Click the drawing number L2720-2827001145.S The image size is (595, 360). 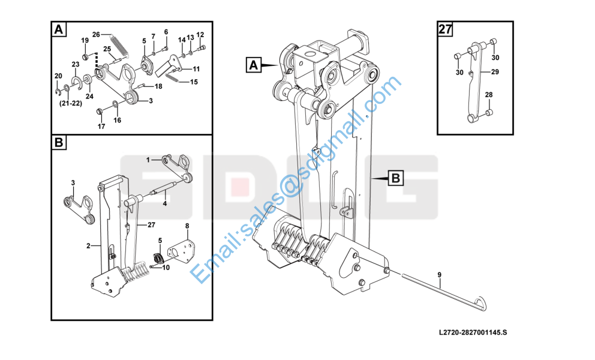[x=473, y=332]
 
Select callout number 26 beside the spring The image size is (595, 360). [x=96, y=35]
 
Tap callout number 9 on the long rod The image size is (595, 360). [x=440, y=275]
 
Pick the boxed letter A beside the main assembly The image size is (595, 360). [x=254, y=65]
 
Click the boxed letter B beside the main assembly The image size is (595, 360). [x=395, y=178]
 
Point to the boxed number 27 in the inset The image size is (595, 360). [x=445, y=29]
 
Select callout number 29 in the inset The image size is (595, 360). [x=495, y=72]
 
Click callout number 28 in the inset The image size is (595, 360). [x=489, y=95]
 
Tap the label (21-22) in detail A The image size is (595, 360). [x=71, y=103]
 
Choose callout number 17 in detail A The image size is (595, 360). [x=101, y=127]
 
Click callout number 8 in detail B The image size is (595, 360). [x=187, y=226]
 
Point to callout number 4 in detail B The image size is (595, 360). [x=165, y=203]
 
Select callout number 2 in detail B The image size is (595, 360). [x=88, y=246]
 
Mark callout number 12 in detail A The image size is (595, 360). [x=200, y=35]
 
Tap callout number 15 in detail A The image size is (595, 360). [x=194, y=82]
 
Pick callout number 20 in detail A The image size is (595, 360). [x=58, y=76]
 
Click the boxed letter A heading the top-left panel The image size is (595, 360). [x=59, y=29]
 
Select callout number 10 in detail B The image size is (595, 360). [x=166, y=268]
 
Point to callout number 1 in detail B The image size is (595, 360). [x=148, y=160]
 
